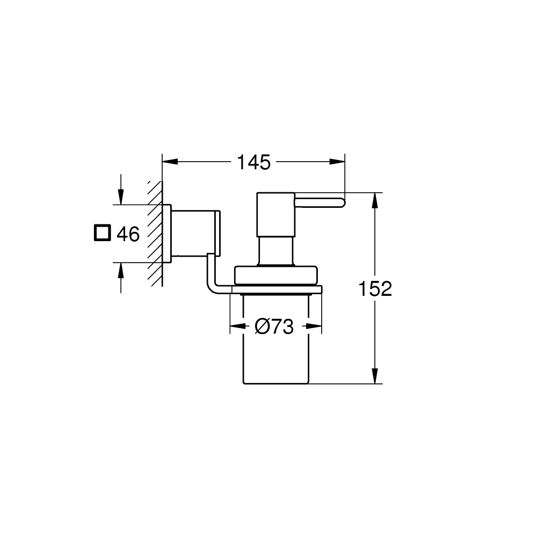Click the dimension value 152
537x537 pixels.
(x=376, y=289)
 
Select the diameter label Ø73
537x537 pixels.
(x=275, y=326)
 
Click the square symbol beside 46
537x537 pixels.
(x=101, y=233)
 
